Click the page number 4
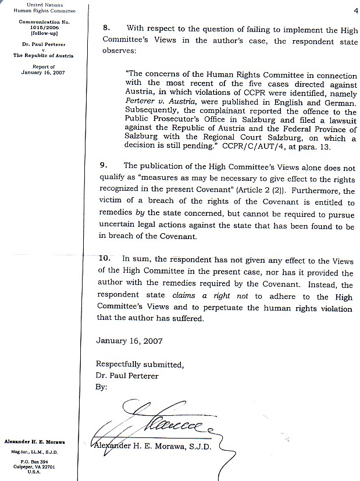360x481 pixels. pos(354,10)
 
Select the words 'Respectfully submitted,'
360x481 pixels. pos(140,365)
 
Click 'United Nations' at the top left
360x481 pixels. pos(44,5)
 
